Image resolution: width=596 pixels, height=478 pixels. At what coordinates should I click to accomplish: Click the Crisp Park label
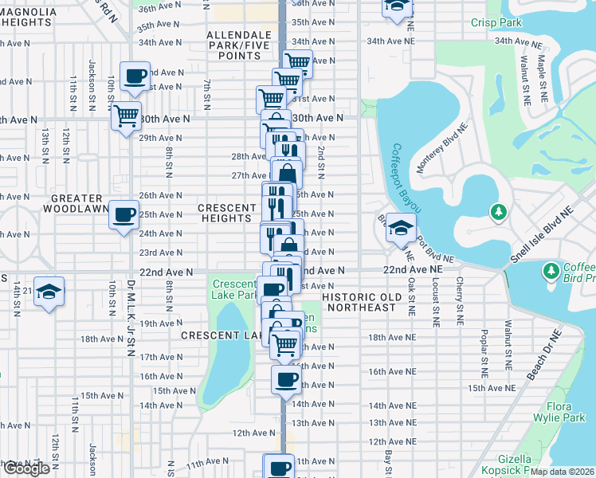pyautogui.click(x=496, y=22)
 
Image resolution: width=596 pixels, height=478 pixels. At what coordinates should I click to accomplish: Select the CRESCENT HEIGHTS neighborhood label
pyautogui.click(x=226, y=213)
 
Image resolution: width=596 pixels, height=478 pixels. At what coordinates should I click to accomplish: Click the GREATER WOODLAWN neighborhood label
pyautogui.click(x=76, y=203)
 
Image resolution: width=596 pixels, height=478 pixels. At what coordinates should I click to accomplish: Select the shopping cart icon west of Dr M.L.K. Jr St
pyautogui.click(x=126, y=116)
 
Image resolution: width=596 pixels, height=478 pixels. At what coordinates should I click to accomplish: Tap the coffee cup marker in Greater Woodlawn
pyautogui.click(x=124, y=215)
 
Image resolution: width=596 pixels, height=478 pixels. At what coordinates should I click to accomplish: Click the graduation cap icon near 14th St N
pyautogui.click(x=49, y=292)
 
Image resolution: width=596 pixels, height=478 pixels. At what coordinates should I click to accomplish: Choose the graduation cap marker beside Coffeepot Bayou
pyautogui.click(x=401, y=226)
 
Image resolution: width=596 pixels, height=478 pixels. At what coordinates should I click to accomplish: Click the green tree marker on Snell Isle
pyautogui.click(x=499, y=212)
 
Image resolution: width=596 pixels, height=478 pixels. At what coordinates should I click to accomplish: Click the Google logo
pyautogui.click(x=26, y=469)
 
